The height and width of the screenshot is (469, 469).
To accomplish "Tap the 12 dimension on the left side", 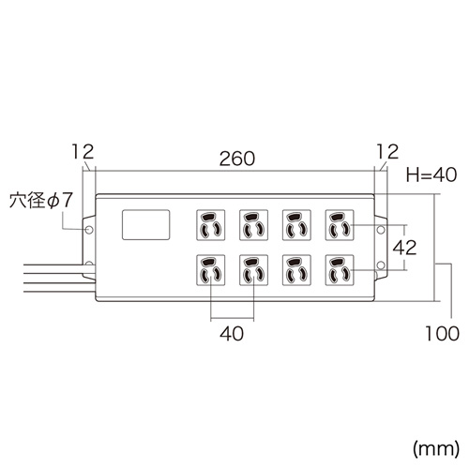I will pos(83,150).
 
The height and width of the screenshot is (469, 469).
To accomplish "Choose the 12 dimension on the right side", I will pos(386,150).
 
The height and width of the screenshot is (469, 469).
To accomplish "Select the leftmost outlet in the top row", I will pos(210,225).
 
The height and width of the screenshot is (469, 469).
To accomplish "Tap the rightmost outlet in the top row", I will pos(339,225).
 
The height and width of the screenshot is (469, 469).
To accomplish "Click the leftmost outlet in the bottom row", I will pos(210,272).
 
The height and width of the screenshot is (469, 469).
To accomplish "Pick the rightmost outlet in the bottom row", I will pos(339,272).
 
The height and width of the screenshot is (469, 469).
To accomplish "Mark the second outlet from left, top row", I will pos(253,225).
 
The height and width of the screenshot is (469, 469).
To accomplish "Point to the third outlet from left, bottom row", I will pos(296,272).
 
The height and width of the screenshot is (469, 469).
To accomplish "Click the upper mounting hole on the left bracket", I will pos(89,228).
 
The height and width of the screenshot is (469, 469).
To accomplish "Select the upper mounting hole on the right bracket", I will pos(381,228).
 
